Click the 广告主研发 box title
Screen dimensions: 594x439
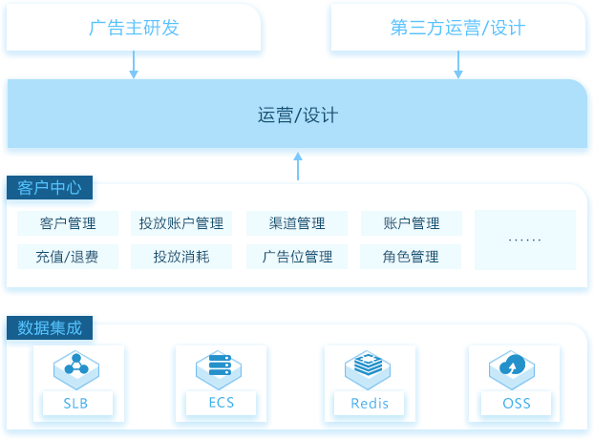point(134,28)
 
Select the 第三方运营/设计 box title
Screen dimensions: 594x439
point(458,28)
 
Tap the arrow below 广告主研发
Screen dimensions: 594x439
point(134,65)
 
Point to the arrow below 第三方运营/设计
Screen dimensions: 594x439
point(458,65)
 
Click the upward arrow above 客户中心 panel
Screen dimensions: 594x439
point(298,166)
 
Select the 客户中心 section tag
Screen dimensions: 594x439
point(50,187)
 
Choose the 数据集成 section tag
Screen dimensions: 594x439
point(50,327)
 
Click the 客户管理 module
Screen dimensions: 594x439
point(68,223)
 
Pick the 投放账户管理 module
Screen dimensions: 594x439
point(181,223)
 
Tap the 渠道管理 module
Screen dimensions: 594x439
point(297,223)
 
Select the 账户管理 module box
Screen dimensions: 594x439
point(412,223)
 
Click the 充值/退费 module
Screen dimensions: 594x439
point(68,257)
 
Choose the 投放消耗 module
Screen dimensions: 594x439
point(181,257)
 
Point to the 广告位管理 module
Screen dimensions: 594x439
point(297,257)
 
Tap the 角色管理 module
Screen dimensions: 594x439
point(411,257)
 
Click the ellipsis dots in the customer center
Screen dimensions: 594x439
point(524,240)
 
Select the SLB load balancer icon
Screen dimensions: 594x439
point(76,369)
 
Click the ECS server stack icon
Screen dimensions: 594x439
point(219,369)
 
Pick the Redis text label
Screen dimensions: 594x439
point(370,404)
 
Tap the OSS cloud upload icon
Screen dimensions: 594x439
point(512,369)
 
